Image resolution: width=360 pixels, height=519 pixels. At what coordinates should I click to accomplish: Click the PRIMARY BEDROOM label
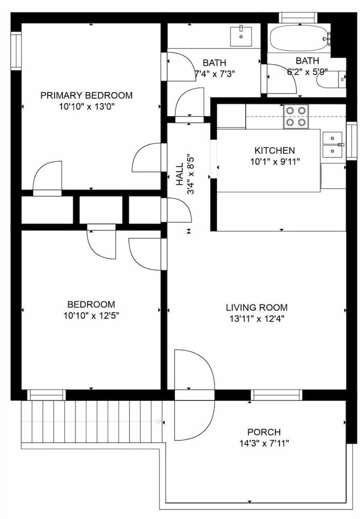[86, 95]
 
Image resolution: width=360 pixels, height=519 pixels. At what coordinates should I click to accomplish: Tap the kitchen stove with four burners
[296, 116]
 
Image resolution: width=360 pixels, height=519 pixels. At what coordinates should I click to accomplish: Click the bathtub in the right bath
[300, 38]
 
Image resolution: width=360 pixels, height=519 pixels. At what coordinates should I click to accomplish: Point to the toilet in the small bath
[331, 79]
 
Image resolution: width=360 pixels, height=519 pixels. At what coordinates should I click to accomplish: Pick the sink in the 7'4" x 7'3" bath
[241, 36]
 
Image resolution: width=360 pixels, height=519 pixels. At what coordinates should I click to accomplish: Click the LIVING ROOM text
[257, 307]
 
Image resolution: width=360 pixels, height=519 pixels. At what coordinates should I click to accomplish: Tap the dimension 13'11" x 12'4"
[257, 319]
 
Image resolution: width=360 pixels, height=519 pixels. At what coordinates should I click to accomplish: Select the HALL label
[179, 174]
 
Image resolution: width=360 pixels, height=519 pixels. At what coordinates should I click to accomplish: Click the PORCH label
[264, 432]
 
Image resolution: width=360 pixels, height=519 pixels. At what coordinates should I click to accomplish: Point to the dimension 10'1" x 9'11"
[275, 162]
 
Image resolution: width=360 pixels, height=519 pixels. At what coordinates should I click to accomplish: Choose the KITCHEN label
[274, 151]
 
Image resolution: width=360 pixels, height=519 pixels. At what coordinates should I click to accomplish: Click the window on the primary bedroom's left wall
[16, 51]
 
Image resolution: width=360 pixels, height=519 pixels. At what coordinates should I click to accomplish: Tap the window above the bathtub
[298, 17]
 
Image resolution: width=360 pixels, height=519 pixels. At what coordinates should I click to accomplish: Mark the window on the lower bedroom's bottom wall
[46, 395]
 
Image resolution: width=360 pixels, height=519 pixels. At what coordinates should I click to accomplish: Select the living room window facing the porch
[276, 395]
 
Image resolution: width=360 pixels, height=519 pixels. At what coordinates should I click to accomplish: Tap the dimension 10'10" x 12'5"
[91, 316]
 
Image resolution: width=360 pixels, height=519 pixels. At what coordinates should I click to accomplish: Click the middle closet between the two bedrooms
[101, 210]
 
